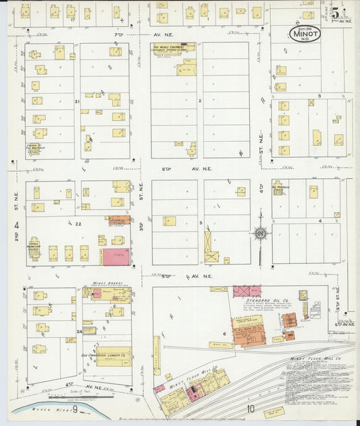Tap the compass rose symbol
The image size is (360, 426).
(x=260, y=234)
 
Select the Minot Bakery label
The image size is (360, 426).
(x=104, y=284)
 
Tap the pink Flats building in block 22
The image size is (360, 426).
(x=116, y=256)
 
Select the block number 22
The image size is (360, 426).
(x=78, y=223)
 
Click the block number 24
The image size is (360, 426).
(x=79, y=331)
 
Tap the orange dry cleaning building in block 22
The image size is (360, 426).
(x=119, y=220)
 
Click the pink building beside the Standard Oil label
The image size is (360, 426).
(x=247, y=291)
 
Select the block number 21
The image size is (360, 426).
(x=78, y=101)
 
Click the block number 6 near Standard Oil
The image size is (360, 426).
(x=224, y=334)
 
